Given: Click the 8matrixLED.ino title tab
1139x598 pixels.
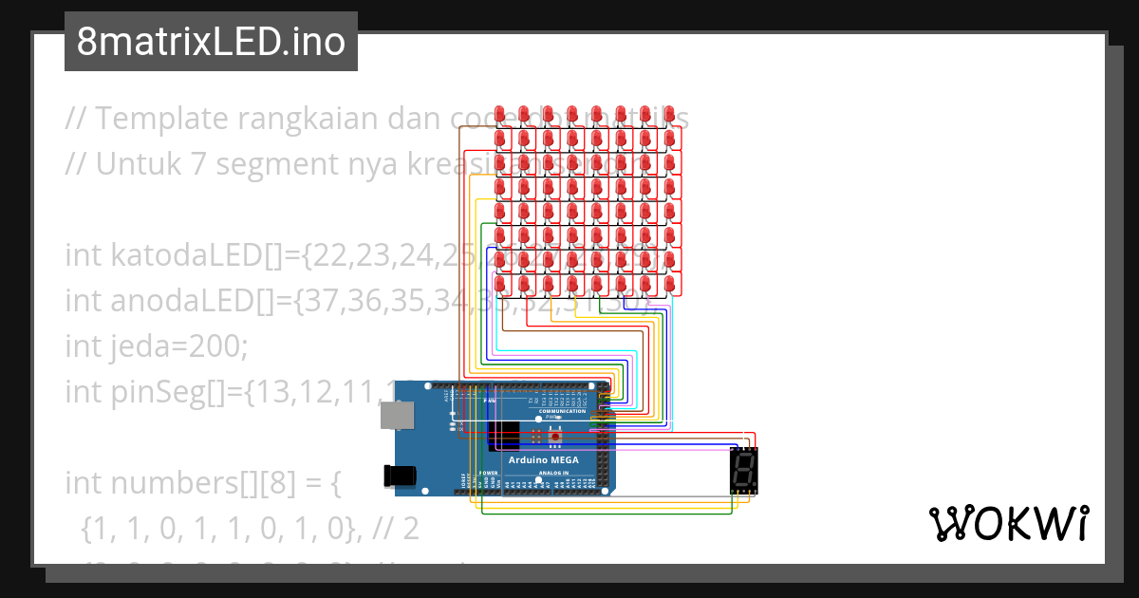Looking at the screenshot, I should click(211, 43).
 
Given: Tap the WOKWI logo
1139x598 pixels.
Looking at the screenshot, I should click(1007, 523).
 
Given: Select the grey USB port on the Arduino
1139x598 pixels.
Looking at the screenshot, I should click(397, 415).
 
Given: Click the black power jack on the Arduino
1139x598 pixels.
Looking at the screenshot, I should click(400, 476).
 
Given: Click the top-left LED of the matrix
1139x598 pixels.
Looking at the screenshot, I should click(500, 113).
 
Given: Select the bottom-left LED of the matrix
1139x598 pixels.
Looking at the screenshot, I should click(500, 284).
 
